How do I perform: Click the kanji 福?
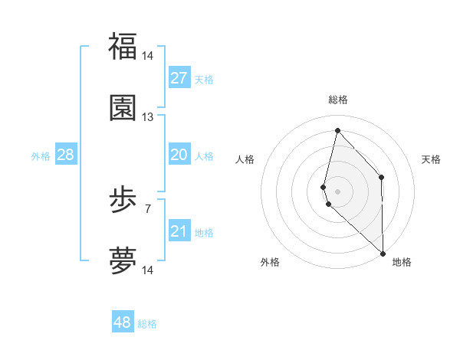123,46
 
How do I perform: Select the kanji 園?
123,108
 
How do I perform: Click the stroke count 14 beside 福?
148,56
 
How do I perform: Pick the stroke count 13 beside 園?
148,117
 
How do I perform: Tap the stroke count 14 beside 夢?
148,270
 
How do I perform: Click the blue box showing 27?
179,78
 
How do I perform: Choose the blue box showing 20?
179,155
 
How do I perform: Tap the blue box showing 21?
179,231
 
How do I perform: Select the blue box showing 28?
66,155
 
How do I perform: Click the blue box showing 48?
123,322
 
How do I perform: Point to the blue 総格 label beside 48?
147,324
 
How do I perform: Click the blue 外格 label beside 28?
41,156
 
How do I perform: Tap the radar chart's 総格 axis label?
338,100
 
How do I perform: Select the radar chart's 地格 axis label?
402,262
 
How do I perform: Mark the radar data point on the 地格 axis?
383,253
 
